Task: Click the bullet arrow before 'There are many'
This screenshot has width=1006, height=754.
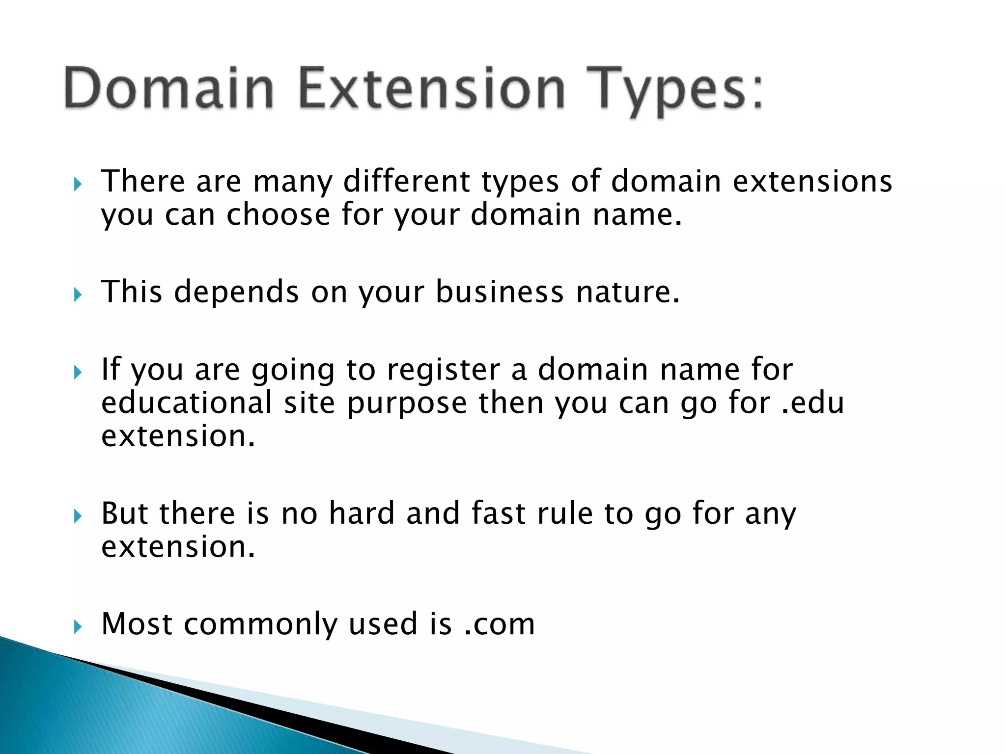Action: tap(77, 185)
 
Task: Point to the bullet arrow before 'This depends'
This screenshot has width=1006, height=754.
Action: tap(77, 295)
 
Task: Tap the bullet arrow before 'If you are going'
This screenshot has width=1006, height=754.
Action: tap(77, 373)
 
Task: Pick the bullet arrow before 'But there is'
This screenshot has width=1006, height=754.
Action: tap(77, 516)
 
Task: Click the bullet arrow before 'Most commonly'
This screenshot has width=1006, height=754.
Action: tap(77, 627)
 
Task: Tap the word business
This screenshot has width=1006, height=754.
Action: tap(500, 292)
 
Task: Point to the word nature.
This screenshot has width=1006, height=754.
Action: tap(628, 292)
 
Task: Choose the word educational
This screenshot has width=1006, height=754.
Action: tap(187, 403)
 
